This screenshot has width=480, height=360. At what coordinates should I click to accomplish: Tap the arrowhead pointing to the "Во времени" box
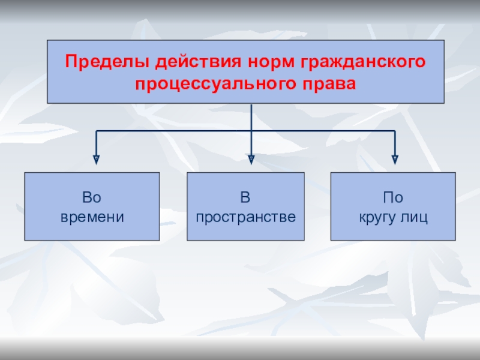pyautogui.click(x=96, y=159)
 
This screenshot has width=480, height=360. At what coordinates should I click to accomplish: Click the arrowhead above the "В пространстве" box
pyautogui.click(x=251, y=159)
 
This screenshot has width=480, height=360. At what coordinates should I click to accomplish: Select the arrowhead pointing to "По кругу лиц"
pyautogui.click(x=395, y=159)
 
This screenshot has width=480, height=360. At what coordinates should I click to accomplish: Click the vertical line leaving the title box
pyautogui.click(x=251, y=116)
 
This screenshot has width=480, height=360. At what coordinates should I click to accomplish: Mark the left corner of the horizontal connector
pyautogui.click(x=96, y=130)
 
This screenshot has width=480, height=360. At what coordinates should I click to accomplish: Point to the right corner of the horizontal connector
pyautogui.click(x=395, y=130)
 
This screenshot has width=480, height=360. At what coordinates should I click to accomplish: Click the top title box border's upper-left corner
pyautogui.click(x=47, y=41)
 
